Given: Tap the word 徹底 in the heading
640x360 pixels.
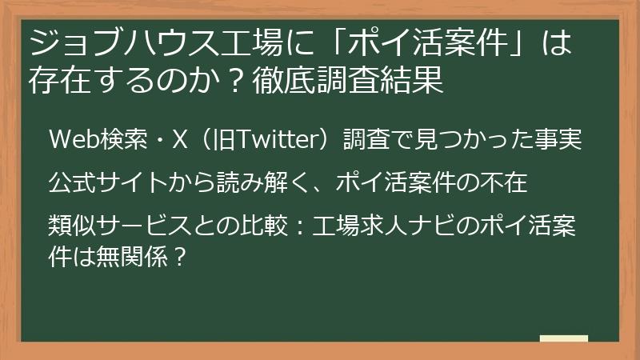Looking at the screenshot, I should coord(279,81).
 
